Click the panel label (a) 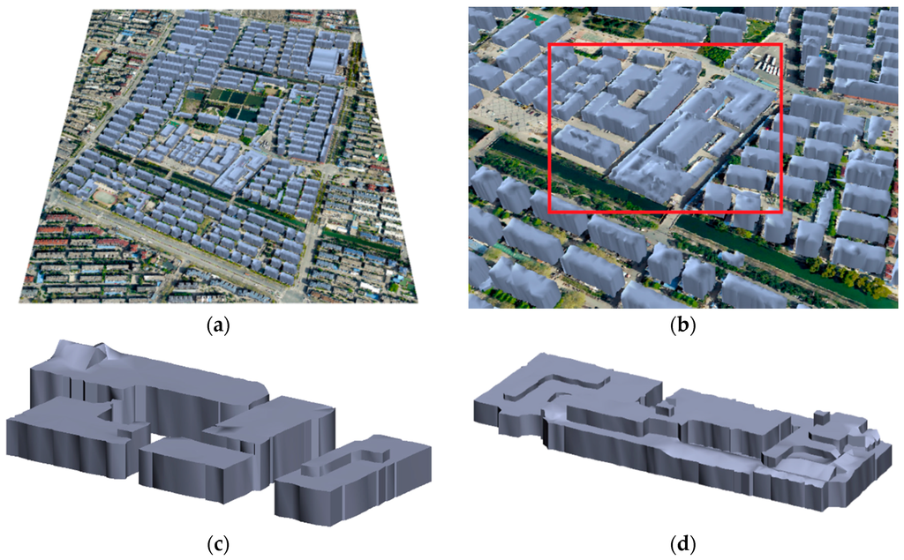(x=215, y=325)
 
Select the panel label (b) (x=682, y=325)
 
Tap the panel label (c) (x=215, y=544)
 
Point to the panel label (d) (x=682, y=544)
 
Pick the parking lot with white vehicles (x=766, y=63)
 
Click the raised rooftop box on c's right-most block (x=343, y=456)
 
